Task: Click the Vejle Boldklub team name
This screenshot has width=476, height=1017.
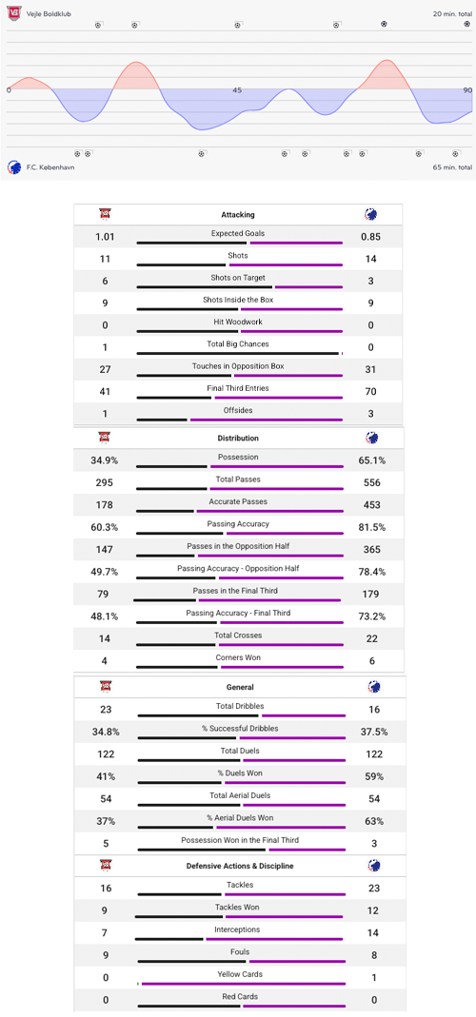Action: tap(48, 14)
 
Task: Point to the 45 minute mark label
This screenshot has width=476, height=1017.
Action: tap(237, 90)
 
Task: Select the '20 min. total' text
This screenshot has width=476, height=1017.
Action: tap(451, 14)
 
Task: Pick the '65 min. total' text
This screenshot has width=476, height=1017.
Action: tap(451, 166)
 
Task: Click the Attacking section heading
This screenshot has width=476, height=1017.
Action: tap(238, 215)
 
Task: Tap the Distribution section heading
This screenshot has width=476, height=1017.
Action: tap(238, 439)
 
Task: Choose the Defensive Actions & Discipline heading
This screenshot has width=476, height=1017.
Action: tap(239, 866)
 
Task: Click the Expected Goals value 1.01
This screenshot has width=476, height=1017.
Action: tap(105, 237)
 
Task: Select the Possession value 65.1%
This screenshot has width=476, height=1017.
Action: tap(370, 460)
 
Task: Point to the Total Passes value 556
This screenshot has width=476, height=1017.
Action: tap(370, 482)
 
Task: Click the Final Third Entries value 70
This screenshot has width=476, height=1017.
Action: tap(370, 392)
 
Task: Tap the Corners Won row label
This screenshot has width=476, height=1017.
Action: tap(238, 657)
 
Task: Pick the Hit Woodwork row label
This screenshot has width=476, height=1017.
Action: tap(238, 322)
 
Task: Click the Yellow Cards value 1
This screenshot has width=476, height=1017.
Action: tap(370, 977)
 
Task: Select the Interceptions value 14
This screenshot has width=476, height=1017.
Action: tap(370, 933)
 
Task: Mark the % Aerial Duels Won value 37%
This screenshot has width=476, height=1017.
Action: tap(105, 821)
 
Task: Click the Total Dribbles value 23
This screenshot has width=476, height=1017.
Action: tap(105, 710)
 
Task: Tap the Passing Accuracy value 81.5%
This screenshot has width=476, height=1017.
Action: tap(370, 527)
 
